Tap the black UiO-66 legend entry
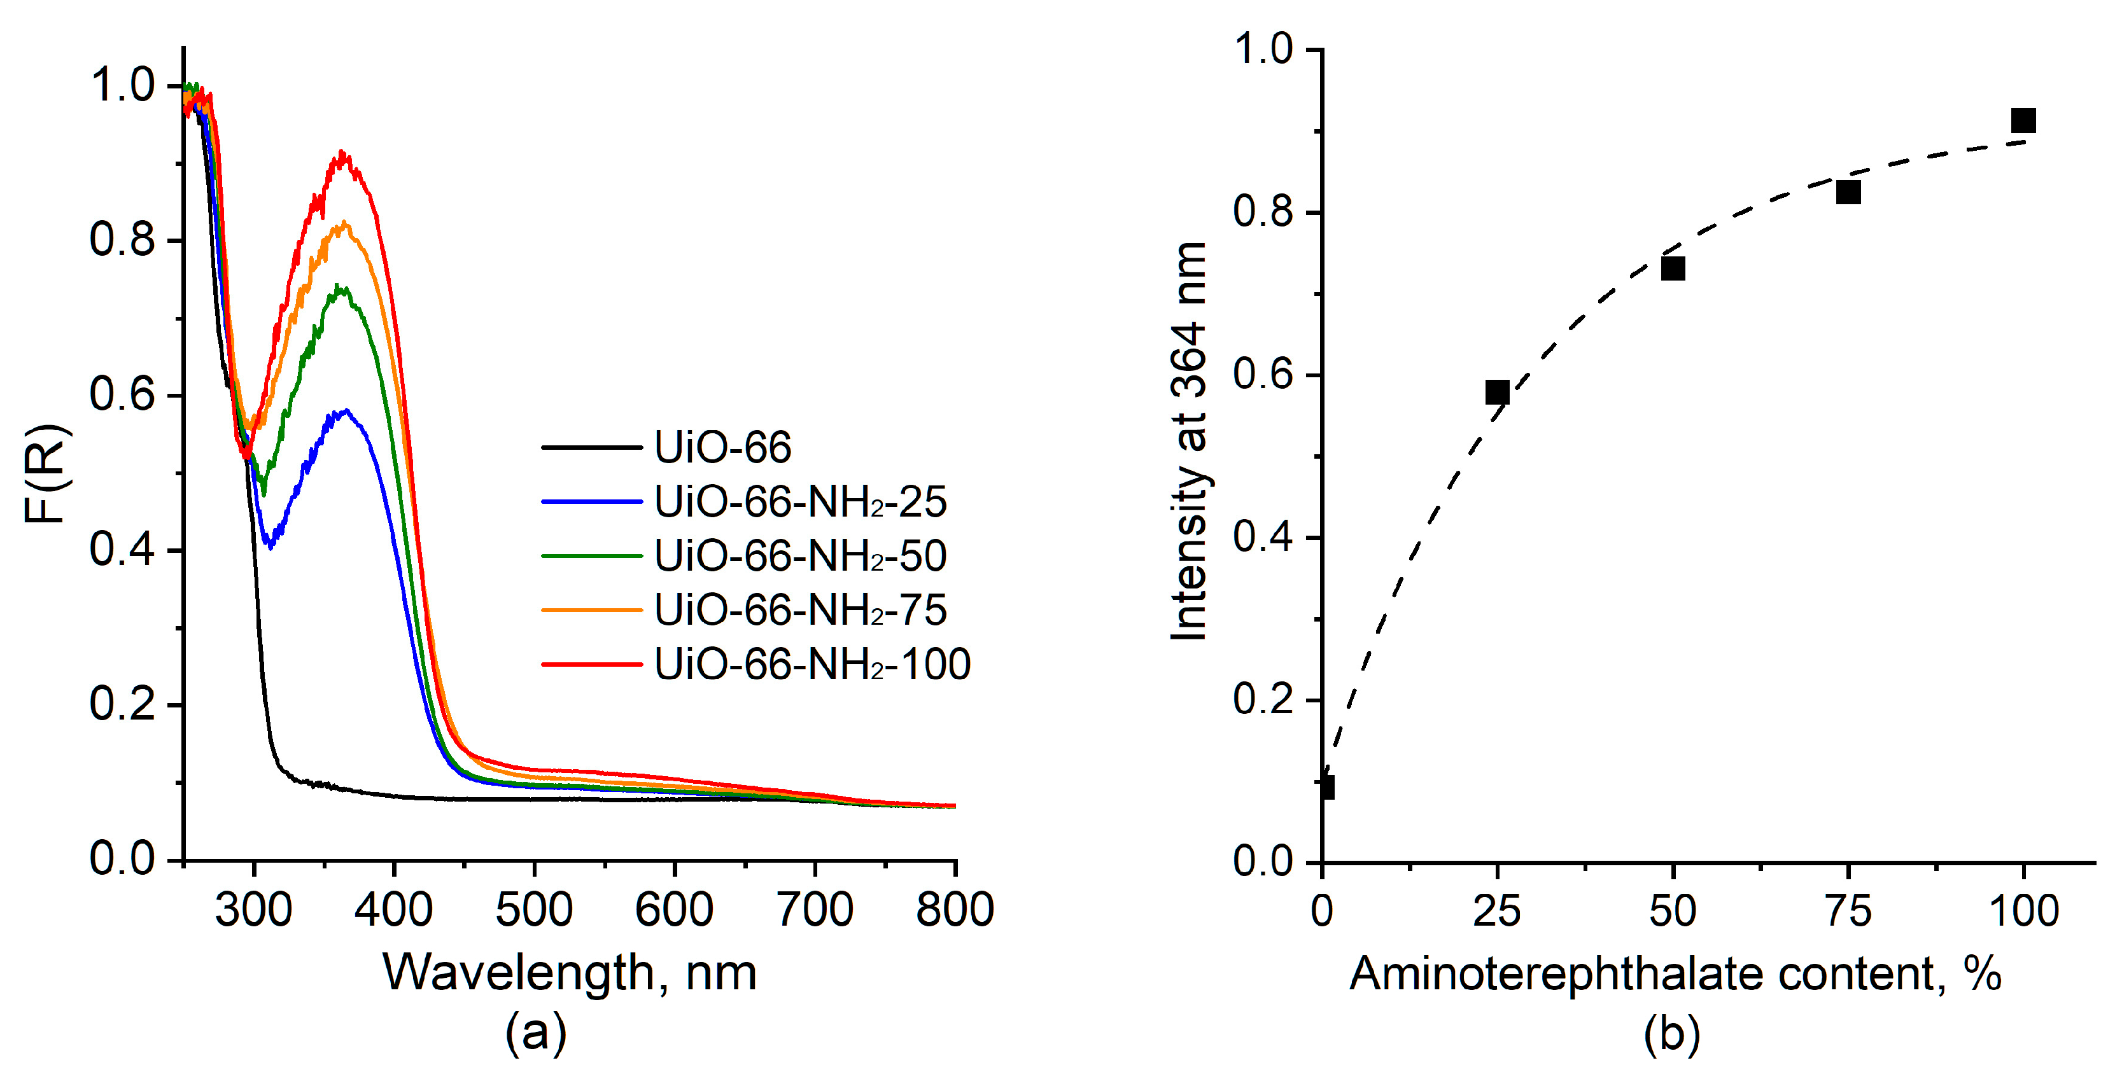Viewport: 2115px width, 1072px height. pyautogui.click(x=722, y=447)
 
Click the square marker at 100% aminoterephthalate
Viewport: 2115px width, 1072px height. pyautogui.click(x=2023, y=121)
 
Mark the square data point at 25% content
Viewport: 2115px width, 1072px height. pyautogui.click(x=1497, y=393)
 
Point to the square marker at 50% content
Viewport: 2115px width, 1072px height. pyautogui.click(x=1673, y=268)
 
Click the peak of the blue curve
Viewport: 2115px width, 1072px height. pyautogui.click(x=346, y=410)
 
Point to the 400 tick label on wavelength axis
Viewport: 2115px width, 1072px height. pyautogui.click(x=393, y=910)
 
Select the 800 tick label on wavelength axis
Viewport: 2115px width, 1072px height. pyautogui.click(x=954, y=910)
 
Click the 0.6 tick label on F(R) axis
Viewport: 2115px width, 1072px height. pyautogui.click(x=122, y=395)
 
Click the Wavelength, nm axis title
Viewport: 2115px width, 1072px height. pyautogui.click(x=569, y=973)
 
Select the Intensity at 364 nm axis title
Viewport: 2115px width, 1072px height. pyautogui.click(x=1189, y=441)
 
